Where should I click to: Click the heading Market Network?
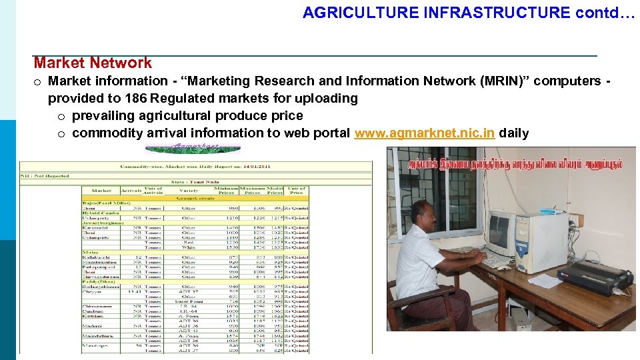pyautogui.click(x=93, y=63)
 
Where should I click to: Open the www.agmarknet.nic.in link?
pyautogui.click(x=425, y=133)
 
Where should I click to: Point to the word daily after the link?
pyautogui.click(x=514, y=133)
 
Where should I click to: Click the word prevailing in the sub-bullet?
pyautogui.click(x=103, y=115)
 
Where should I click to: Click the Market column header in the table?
pyautogui.click(x=101, y=190)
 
